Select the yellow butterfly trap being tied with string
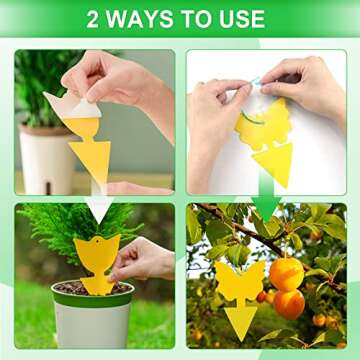(x=262, y=125)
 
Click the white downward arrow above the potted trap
(x=97, y=207)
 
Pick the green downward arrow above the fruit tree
(x=265, y=205)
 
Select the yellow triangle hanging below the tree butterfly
(x=239, y=320)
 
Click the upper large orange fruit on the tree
(x=287, y=271)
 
